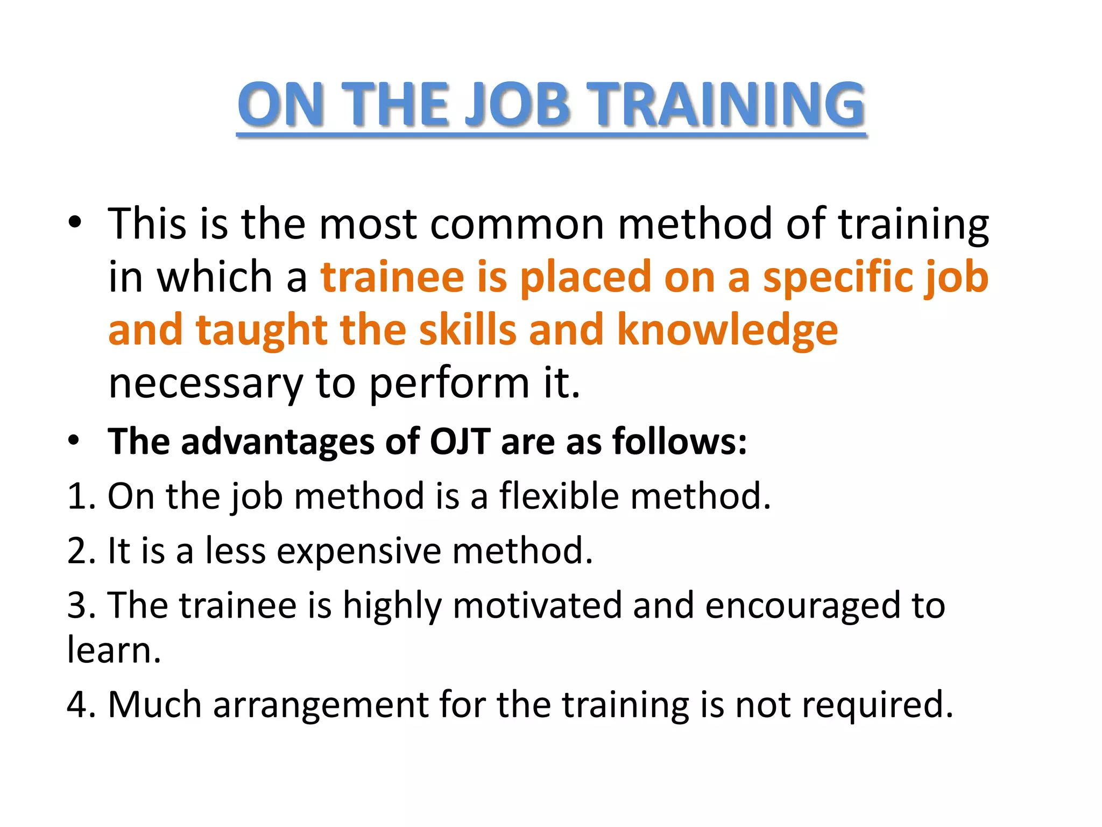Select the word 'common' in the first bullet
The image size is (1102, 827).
tap(517, 224)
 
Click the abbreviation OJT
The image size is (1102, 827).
tap(460, 441)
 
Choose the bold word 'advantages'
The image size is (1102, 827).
tap(278, 441)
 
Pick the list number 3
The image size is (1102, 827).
tap(77, 605)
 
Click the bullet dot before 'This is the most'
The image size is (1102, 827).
tap(75, 222)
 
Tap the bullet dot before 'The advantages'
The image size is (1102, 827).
tap(75, 440)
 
